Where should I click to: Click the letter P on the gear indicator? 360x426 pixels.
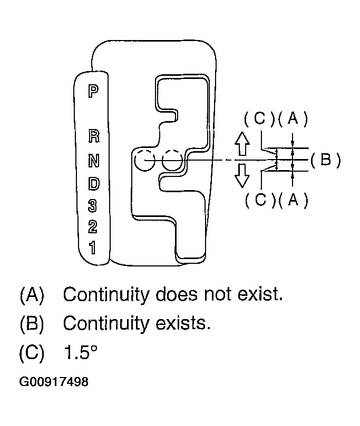pos(93,91)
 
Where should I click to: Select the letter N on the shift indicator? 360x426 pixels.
pos(93,160)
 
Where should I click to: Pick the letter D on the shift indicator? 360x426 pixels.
pos(93,183)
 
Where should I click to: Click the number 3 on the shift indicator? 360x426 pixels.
pos(93,204)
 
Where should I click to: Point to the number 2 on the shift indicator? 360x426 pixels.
pos(93,226)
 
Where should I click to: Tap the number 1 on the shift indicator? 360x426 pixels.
pos(93,247)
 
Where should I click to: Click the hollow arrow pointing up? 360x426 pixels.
pos(242,143)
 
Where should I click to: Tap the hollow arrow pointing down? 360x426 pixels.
pos(242,175)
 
